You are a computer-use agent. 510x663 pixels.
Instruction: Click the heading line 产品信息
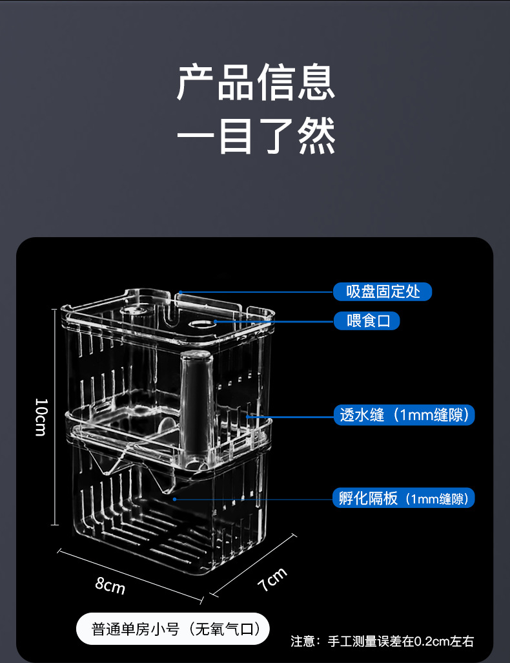tap(256, 83)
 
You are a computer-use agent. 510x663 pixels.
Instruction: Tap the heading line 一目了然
tap(256, 136)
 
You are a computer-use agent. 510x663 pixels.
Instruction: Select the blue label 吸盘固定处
tap(382, 291)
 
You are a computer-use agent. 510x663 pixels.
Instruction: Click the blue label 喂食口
tap(367, 321)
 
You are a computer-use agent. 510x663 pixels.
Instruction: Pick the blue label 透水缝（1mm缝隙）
tap(404, 415)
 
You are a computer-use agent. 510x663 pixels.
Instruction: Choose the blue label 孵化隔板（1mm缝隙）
tap(403, 498)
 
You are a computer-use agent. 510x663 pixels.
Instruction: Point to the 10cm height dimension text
tap(40, 417)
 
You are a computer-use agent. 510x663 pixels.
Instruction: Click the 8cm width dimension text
tap(110, 585)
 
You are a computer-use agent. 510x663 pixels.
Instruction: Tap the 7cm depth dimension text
tap(272, 580)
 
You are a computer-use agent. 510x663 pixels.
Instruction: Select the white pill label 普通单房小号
tap(173, 629)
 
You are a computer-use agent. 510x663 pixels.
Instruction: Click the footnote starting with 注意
tap(382, 641)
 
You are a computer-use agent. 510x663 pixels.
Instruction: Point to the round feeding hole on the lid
tap(201, 322)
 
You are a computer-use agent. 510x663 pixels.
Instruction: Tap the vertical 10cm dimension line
tap(55, 417)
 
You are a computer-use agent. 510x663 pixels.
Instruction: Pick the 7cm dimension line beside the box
tap(253, 564)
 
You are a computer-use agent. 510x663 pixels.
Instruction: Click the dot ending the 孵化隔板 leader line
tap(174, 499)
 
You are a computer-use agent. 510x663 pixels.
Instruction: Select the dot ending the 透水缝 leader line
tap(247, 416)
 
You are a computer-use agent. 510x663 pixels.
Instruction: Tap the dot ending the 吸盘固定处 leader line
tap(181, 292)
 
